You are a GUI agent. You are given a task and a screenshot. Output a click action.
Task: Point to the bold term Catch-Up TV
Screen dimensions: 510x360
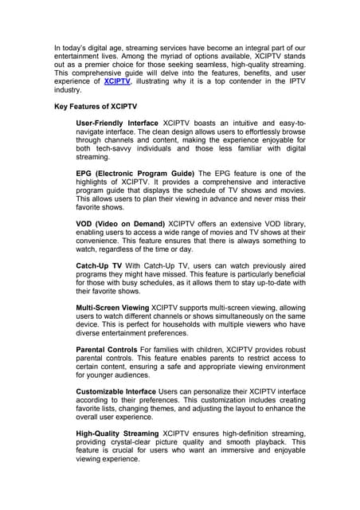[99, 264]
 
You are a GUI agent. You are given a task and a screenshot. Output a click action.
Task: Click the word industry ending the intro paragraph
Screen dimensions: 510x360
[66, 90]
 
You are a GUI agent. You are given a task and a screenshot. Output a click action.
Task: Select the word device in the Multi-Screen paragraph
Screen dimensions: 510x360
[88, 324]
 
